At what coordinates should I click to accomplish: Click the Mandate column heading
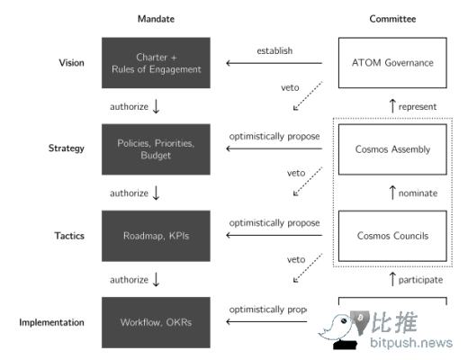tap(155, 19)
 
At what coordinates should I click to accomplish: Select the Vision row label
tap(71, 62)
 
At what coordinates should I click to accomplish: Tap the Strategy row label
tap(67, 148)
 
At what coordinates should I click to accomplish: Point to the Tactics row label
tap(68, 235)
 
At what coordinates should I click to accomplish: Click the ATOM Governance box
tap(391, 62)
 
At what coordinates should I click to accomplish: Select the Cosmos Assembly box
tap(391, 148)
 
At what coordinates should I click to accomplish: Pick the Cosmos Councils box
tap(391, 236)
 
